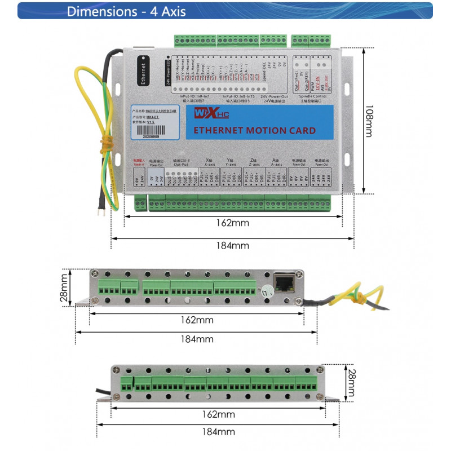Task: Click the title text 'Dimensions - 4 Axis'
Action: (x=126, y=11)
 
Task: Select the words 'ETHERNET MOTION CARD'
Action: (x=254, y=131)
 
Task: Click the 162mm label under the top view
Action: (x=232, y=223)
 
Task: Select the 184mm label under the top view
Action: (x=232, y=245)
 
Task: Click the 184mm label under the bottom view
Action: (x=218, y=432)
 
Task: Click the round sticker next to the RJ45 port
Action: (x=268, y=291)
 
